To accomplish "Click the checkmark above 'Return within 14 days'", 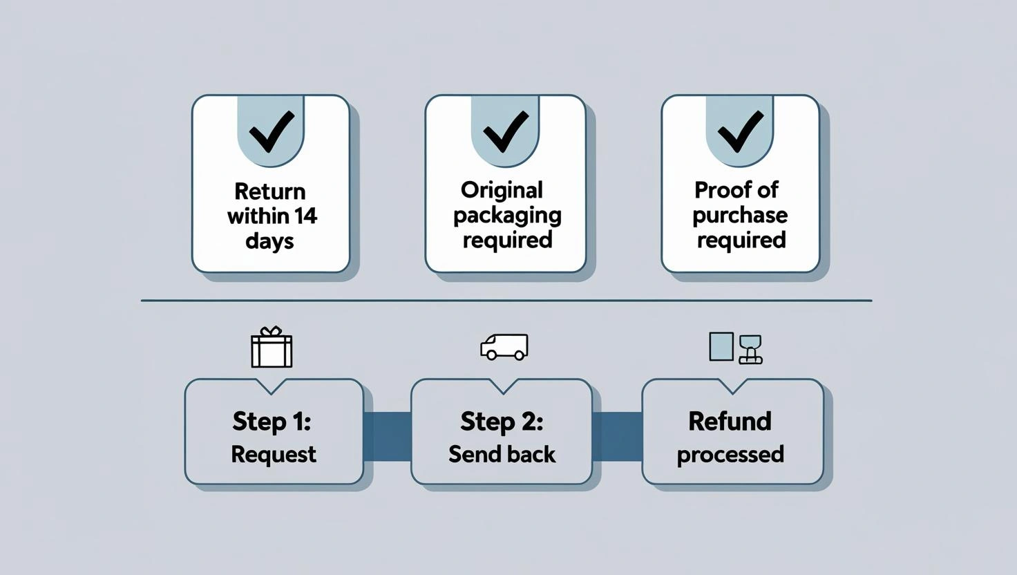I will point(271,131).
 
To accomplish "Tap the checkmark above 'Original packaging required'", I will point(506,131).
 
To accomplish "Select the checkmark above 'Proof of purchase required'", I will point(740,131).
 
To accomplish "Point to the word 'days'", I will point(269,241).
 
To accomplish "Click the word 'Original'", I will point(502,190).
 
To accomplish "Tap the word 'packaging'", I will point(507,216).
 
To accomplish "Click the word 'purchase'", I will point(740,216).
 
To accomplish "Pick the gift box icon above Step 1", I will point(272,348).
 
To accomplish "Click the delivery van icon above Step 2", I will point(504,347).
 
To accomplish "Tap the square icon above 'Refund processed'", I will point(721,346).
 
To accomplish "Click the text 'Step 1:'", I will point(272,421).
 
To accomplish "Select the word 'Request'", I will point(274,454).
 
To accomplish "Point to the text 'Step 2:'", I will point(502,421).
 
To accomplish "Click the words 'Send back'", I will point(502,454).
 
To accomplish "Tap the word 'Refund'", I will point(730,421).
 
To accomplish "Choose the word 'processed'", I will point(730,455).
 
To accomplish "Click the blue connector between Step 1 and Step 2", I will point(387,436).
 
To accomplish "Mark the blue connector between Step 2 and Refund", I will point(617,436).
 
